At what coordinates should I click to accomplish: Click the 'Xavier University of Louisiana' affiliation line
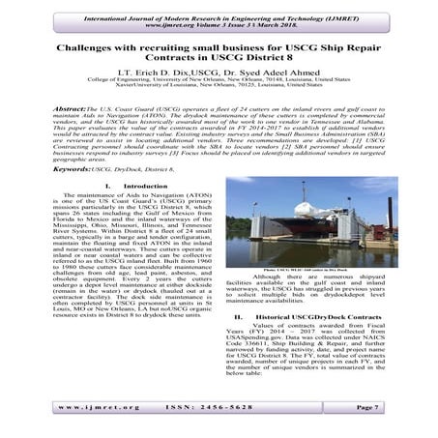tap(219, 98)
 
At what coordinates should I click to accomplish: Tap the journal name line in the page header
tap(219, 9)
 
